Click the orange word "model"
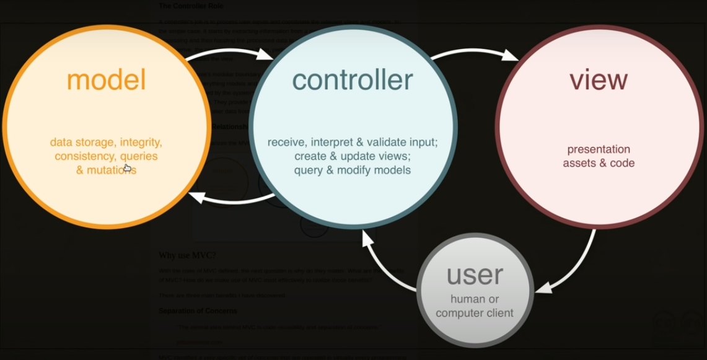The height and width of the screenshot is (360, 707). coord(106,80)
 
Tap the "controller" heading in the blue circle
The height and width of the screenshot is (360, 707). coord(353,80)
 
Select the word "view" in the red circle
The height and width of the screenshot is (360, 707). coord(599,80)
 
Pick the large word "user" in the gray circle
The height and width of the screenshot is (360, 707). coord(475,275)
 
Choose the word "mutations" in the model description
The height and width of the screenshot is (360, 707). coord(112,170)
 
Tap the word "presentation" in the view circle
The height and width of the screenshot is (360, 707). coord(599,149)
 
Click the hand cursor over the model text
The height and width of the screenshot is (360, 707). coord(127,167)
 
